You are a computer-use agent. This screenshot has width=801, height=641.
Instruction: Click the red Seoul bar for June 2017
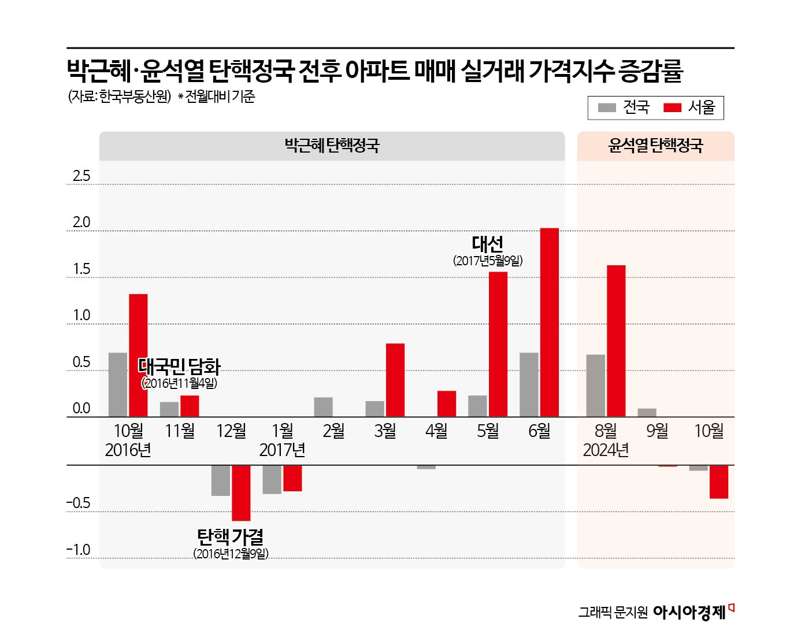point(549,322)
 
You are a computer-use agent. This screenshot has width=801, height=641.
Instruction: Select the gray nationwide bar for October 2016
point(118,384)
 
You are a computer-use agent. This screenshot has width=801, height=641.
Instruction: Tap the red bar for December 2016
point(241,492)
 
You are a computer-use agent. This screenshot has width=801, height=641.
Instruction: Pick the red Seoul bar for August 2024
point(616,341)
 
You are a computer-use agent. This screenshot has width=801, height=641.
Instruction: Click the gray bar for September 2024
point(647,413)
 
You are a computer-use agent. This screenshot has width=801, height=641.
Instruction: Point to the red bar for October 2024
point(718,481)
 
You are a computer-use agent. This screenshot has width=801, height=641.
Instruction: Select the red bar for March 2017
point(395,380)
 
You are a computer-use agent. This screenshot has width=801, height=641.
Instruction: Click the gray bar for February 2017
point(324,407)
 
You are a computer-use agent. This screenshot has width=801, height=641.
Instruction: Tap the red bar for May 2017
point(498,344)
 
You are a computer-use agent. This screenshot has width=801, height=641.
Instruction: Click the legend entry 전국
point(625,108)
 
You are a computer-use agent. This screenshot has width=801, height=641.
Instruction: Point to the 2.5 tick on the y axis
point(81,176)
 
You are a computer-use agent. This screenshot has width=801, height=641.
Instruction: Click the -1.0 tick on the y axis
point(79,550)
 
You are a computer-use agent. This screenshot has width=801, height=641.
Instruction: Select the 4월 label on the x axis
point(436,431)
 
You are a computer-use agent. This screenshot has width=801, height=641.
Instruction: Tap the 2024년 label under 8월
point(606,450)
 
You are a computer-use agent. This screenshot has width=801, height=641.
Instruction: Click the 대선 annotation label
point(488,244)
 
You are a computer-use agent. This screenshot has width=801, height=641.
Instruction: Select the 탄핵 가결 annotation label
point(231,537)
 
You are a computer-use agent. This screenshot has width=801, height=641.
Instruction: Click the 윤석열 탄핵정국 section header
point(655,146)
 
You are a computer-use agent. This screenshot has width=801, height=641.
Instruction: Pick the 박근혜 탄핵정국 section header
point(332,146)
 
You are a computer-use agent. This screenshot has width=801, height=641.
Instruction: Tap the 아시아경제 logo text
point(689,612)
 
